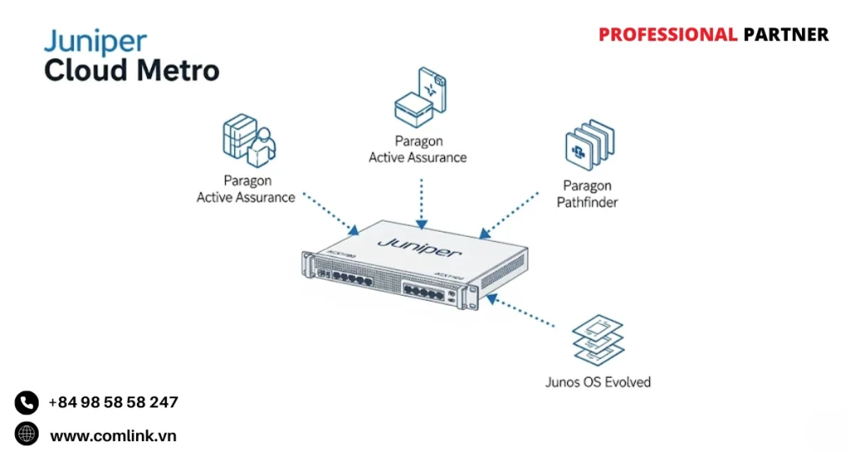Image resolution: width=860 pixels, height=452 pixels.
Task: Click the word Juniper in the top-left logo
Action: (x=95, y=42)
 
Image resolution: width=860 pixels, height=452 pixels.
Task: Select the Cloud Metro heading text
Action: (x=131, y=71)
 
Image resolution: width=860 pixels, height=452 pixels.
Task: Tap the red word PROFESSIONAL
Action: (x=667, y=34)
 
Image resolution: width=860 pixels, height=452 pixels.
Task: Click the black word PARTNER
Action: (x=785, y=34)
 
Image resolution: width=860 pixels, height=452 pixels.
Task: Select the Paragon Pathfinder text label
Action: (x=587, y=194)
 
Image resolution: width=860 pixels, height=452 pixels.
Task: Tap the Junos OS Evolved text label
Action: (x=597, y=382)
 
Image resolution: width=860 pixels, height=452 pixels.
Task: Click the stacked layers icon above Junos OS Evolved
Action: (x=597, y=339)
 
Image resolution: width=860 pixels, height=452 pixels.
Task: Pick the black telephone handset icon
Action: (x=27, y=402)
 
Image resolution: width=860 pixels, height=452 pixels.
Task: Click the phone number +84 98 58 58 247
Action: (x=113, y=402)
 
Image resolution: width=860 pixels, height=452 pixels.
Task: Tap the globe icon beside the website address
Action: (x=27, y=434)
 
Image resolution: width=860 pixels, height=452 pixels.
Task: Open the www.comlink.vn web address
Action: (x=113, y=435)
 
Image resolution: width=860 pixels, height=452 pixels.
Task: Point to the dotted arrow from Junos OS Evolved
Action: (x=522, y=310)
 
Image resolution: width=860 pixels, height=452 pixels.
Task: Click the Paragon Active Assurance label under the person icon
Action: (x=246, y=189)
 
